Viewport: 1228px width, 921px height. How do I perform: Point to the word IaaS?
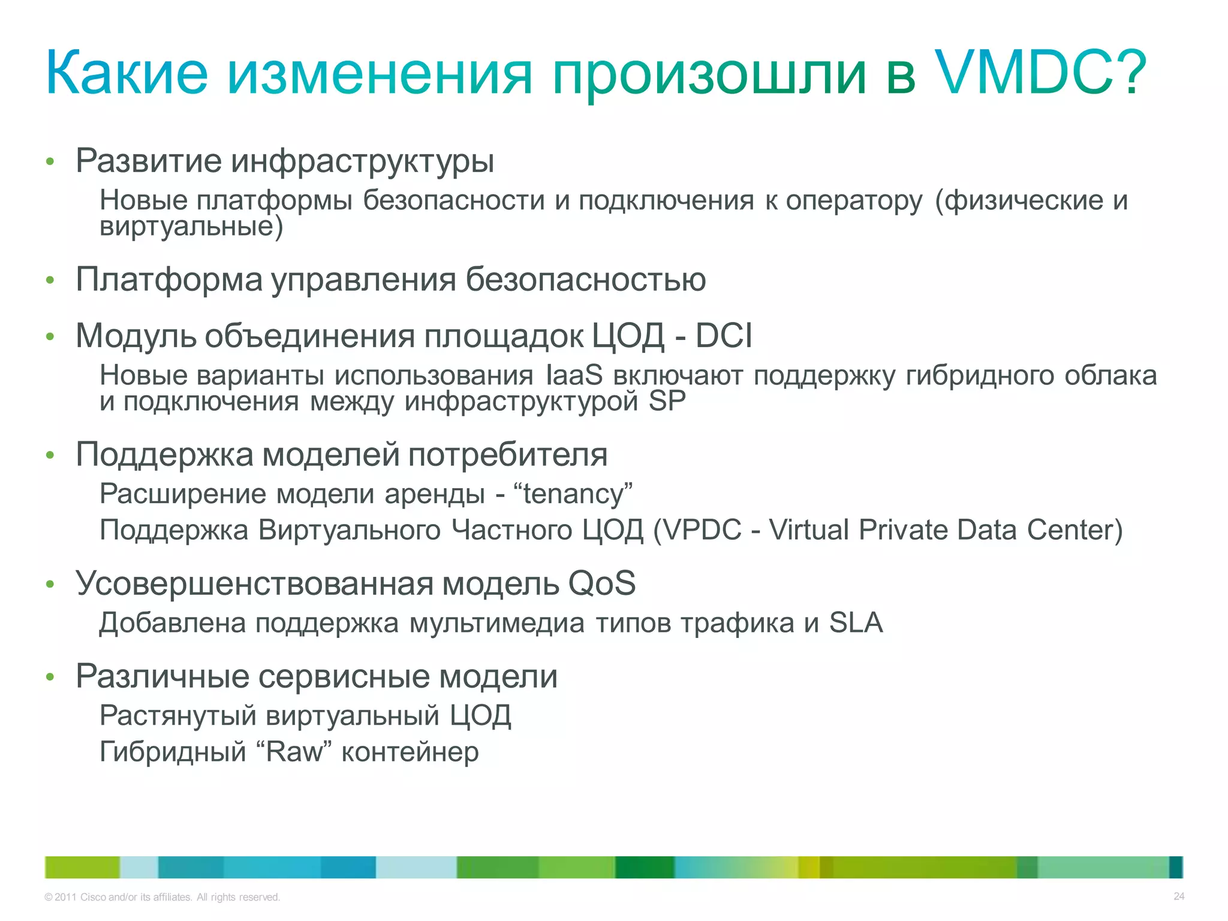(x=574, y=375)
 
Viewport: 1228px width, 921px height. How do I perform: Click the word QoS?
(x=601, y=583)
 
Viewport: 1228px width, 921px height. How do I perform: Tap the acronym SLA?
(x=856, y=622)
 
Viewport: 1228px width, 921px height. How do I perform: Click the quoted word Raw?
(x=298, y=752)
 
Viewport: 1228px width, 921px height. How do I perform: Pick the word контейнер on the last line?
(x=410, y=752)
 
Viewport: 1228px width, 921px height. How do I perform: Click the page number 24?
(x=1178, y=896)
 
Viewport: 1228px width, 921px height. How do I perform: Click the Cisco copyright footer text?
(x=162, y=897)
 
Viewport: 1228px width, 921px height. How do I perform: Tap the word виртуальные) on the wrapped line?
(x=191, y=227)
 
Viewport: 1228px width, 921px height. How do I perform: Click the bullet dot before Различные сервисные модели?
(x=50, y=677)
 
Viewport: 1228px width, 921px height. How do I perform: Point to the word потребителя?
(x=507, y=455)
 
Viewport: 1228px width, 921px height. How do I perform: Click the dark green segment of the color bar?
(x=644, y=867)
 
